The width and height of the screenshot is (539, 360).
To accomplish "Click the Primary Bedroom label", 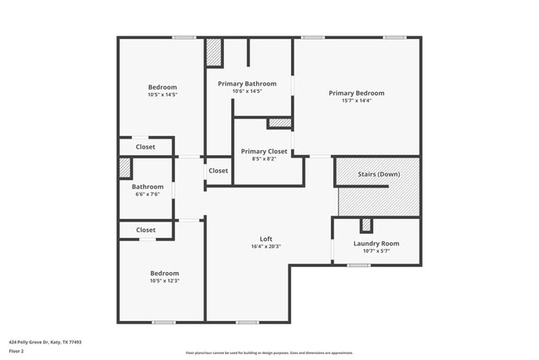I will coord(356,93).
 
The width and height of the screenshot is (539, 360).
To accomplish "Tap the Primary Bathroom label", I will coord(247,84).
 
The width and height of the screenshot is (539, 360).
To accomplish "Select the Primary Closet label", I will coord(264,151).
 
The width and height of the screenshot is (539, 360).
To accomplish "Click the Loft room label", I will coord(266,239).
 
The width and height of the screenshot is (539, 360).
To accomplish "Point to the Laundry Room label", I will coord(376,243).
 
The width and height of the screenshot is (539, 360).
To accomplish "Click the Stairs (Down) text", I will coord(378,174).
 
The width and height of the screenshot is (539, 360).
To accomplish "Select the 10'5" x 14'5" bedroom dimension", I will coord(163,95).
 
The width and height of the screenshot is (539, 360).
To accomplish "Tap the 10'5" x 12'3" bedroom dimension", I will coord(164,280).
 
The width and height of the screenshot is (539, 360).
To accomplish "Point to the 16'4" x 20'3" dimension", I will coord(266,246).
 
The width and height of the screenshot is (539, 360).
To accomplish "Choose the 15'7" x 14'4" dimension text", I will coord(356,100).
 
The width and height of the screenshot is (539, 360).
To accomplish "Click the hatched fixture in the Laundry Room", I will coord(366,225).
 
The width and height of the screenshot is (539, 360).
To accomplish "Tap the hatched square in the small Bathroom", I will coord(124,168).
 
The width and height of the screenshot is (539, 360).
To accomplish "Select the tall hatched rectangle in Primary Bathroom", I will coord(213,52).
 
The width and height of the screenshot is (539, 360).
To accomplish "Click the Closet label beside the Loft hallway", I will coord(218,171).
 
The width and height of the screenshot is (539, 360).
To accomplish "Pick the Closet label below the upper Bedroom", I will coord(146,147).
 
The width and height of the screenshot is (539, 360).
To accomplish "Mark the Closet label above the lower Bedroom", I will coord(146,230).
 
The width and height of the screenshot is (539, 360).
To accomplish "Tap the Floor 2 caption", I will coord(17,351).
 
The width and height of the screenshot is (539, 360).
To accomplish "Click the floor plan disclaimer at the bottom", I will coord(269,353).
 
